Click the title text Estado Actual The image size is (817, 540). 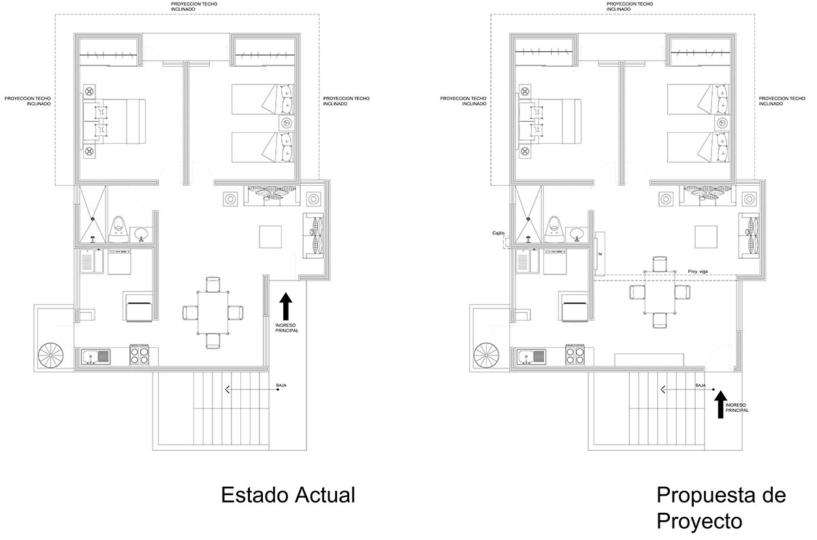tap(287, 495)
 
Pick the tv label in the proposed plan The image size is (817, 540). tap(600, 254)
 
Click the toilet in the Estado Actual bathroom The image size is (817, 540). tap(120, 227)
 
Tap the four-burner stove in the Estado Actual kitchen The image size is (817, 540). tap(139, 355)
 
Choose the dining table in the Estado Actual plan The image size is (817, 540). tap(212, 313)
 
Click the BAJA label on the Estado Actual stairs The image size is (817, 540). tap(281, 385)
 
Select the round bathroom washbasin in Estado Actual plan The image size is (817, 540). tap(142, 234)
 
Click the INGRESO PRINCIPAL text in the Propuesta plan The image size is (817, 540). tap(737, 408)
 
